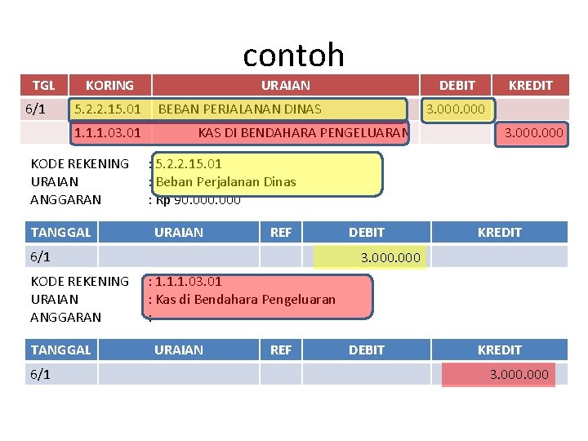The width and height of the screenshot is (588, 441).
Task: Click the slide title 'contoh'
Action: [x=293, y=55]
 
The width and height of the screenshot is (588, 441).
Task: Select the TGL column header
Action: [x=43, y=85]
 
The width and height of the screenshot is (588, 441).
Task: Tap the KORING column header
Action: [x=109, y=85]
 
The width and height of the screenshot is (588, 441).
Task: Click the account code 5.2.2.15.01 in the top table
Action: [x=108, y=109]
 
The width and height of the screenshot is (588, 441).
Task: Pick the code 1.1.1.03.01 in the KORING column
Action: [x=108, y=132]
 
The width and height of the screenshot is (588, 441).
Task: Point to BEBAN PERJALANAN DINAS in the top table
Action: [x=239, y=109]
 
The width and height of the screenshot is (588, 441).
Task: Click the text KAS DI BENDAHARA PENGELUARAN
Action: [x=303, y=132]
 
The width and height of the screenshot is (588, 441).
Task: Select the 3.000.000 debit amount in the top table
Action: [x=455, y=109]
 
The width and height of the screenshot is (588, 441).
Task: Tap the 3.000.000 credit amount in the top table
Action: [x=533, y=132]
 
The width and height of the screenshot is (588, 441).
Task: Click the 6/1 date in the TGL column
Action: [x=35, y=109]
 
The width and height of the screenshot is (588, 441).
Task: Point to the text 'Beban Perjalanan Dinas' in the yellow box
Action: [x=225, y=181]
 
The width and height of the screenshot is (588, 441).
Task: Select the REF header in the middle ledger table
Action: [x=280, y=232]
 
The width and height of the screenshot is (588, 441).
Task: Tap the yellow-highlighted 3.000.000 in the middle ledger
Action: [x=390, y=257]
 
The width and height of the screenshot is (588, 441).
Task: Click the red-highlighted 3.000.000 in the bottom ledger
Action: [x=519, y=375]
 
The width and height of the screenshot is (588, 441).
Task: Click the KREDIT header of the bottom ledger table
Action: [x=499, y=350]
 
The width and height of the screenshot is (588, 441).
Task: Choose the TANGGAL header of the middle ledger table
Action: [x=60, y=232]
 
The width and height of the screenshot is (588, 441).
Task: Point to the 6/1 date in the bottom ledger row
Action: [x=40, y=375]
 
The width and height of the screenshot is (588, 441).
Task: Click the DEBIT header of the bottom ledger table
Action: [x=366, y=350]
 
